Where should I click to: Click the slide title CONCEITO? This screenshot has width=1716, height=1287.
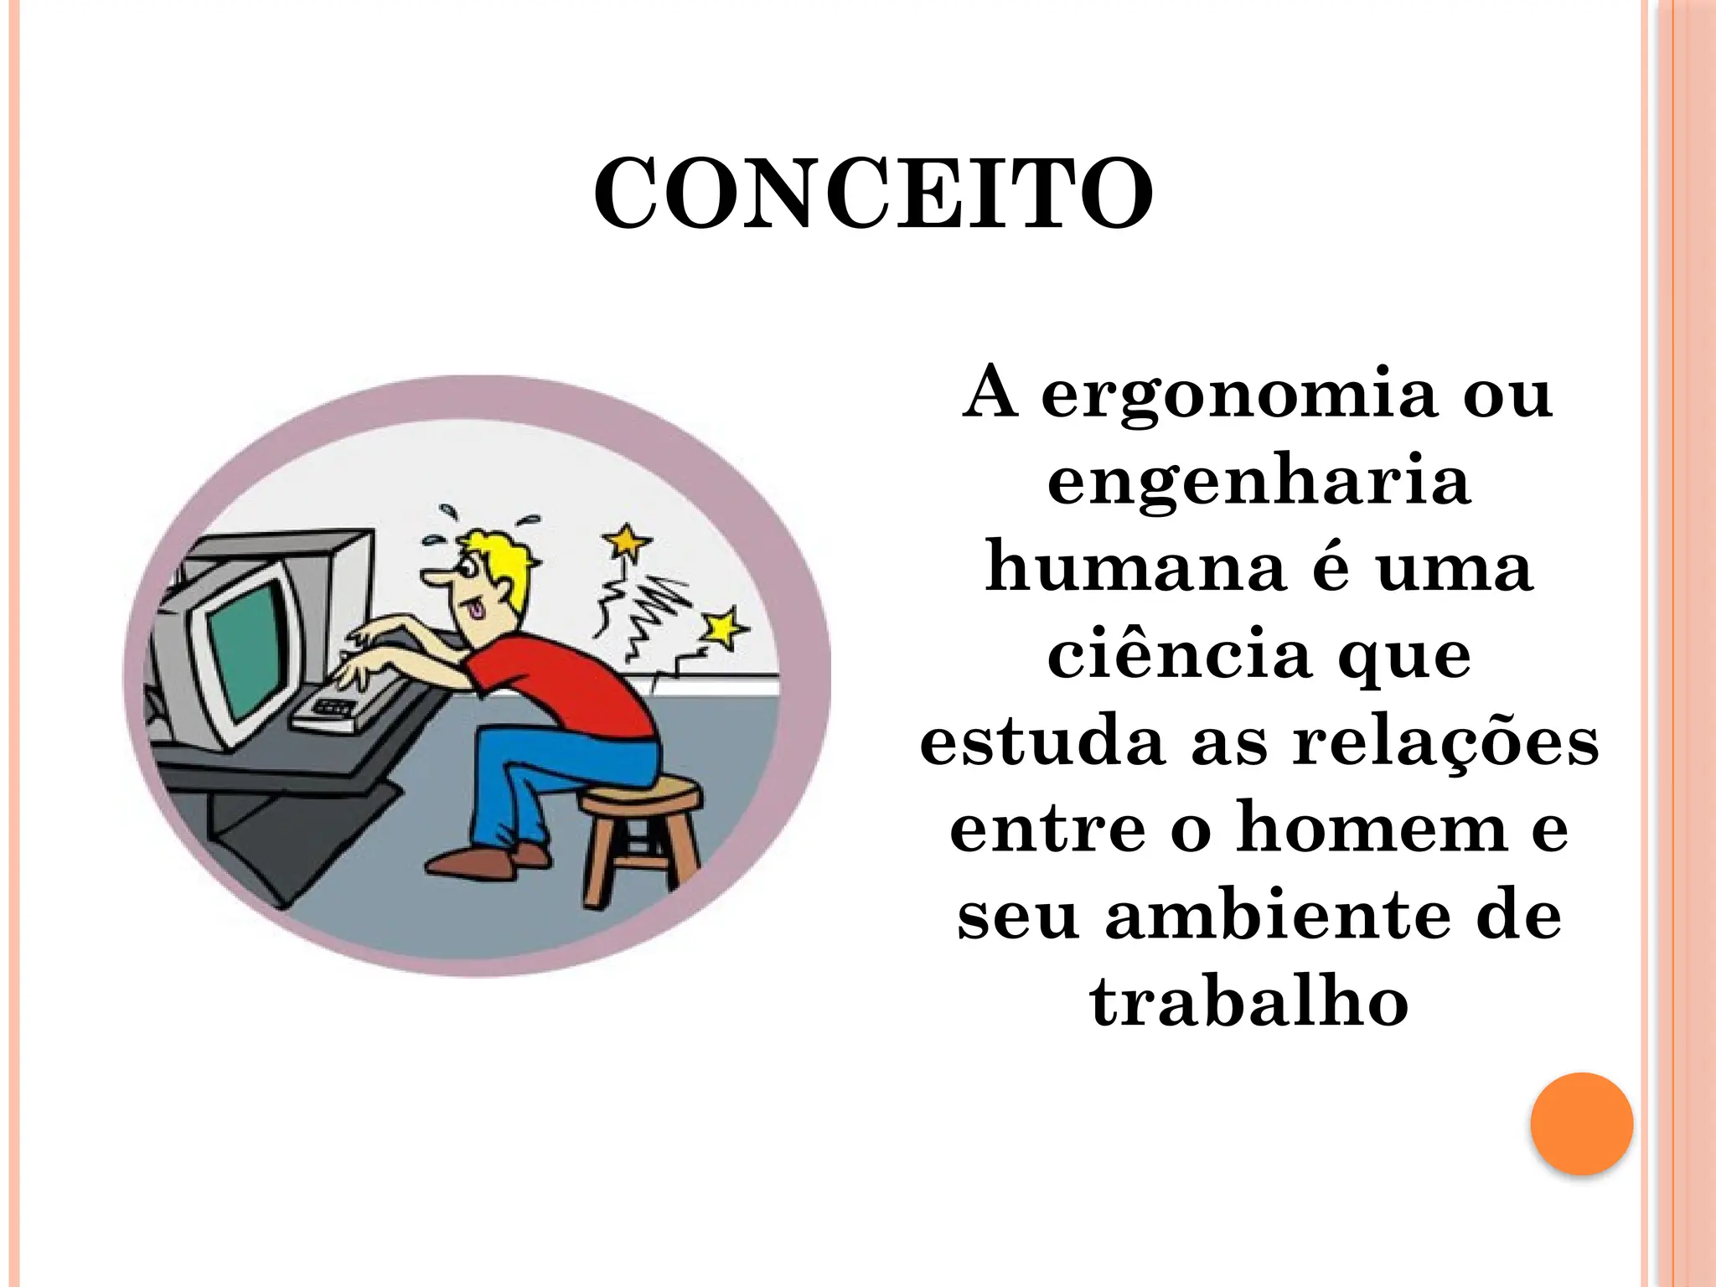(873, 194)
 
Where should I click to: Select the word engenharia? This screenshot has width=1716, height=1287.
(1259, 482)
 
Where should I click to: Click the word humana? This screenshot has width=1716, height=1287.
(1135, 568)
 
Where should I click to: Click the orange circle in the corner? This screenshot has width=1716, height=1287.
(1581, 1124)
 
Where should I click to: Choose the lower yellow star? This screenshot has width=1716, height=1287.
(723, 628)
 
